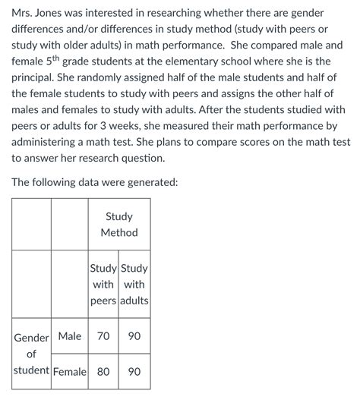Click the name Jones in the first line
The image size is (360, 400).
(58, 14)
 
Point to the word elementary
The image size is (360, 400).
(232, 61)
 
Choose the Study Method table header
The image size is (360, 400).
(119, 225)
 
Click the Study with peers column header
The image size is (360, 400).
(103, 285)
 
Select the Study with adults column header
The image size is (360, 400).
(134, 285)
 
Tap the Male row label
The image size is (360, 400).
(69, 335)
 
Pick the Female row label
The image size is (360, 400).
(69, 372)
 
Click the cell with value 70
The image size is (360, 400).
(103, 335)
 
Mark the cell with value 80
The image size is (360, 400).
(103, 372)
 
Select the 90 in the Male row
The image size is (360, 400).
(134, 335)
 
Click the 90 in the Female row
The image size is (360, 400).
(134, 372)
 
